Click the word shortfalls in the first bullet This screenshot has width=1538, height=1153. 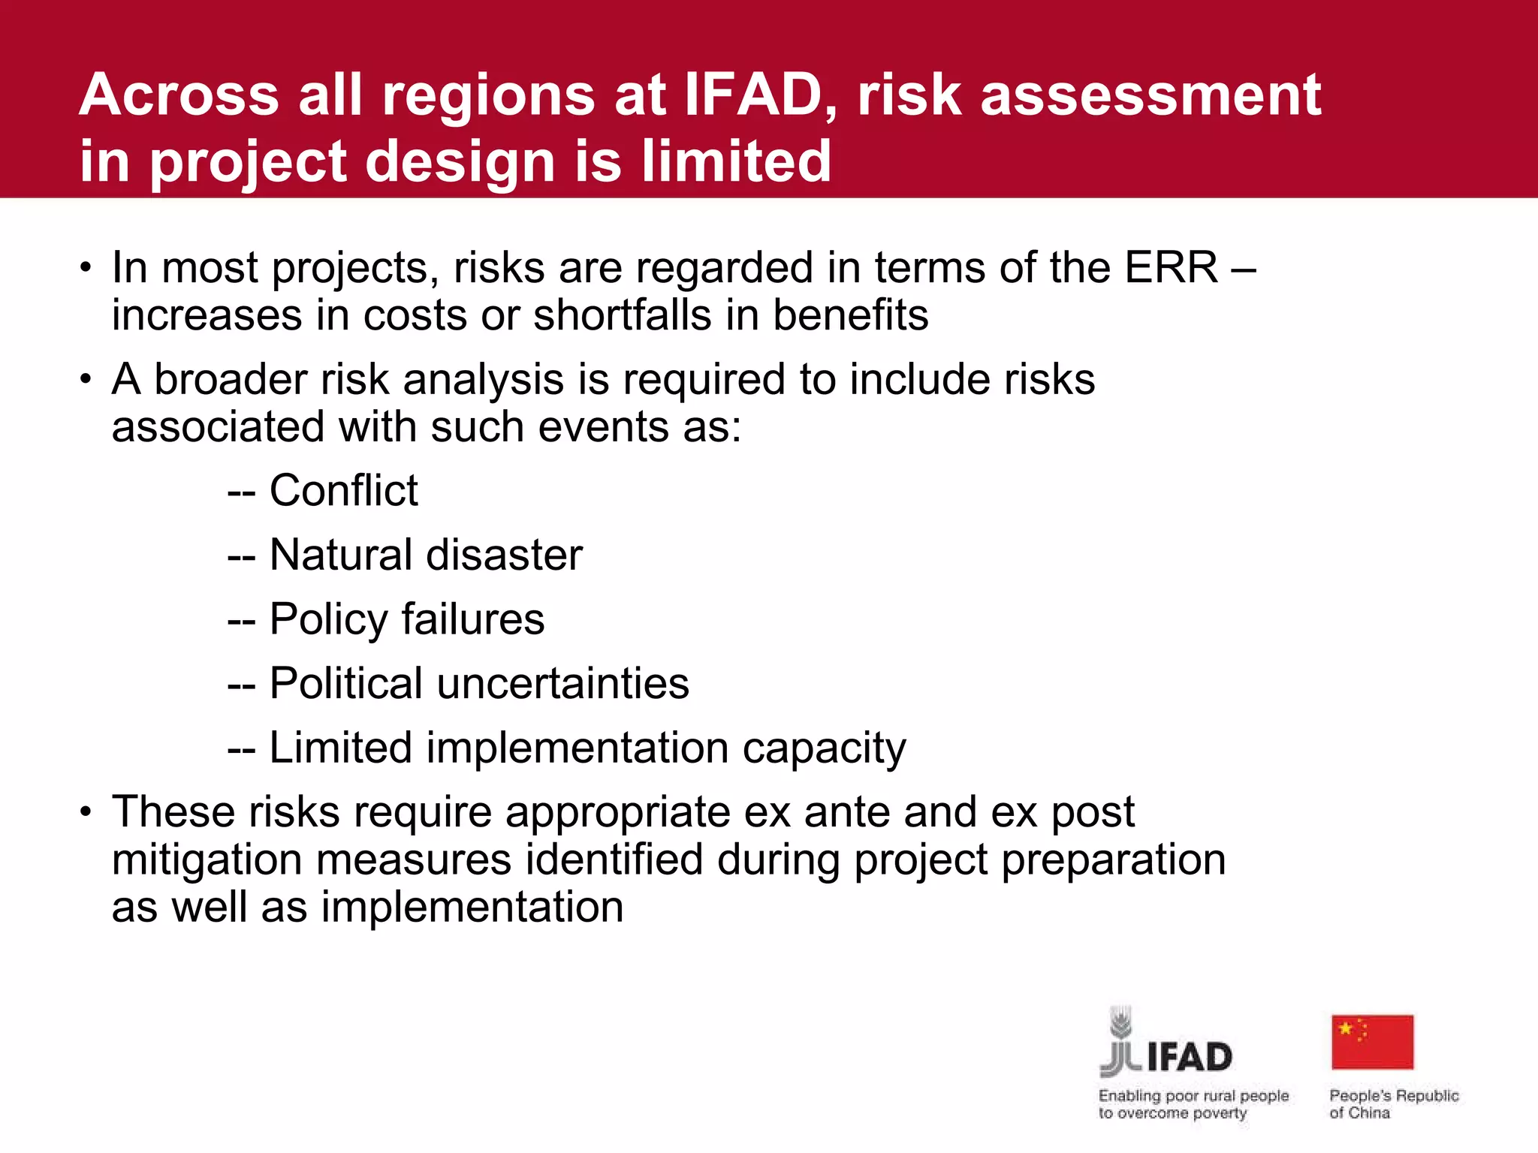tap(622, 315)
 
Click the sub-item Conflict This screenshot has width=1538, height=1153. tap(343, 491)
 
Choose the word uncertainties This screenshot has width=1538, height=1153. tap(563, 684)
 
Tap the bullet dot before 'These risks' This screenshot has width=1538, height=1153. tap(86, 812)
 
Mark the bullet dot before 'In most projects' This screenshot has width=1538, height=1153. tap(86, 268)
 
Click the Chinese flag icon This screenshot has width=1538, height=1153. tap(1372, 1042)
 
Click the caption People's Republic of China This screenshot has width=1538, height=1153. tap(1393, 1104)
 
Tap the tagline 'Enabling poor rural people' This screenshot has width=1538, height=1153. tap(1193, 1096)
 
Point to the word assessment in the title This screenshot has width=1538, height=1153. tap(1150, 95)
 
